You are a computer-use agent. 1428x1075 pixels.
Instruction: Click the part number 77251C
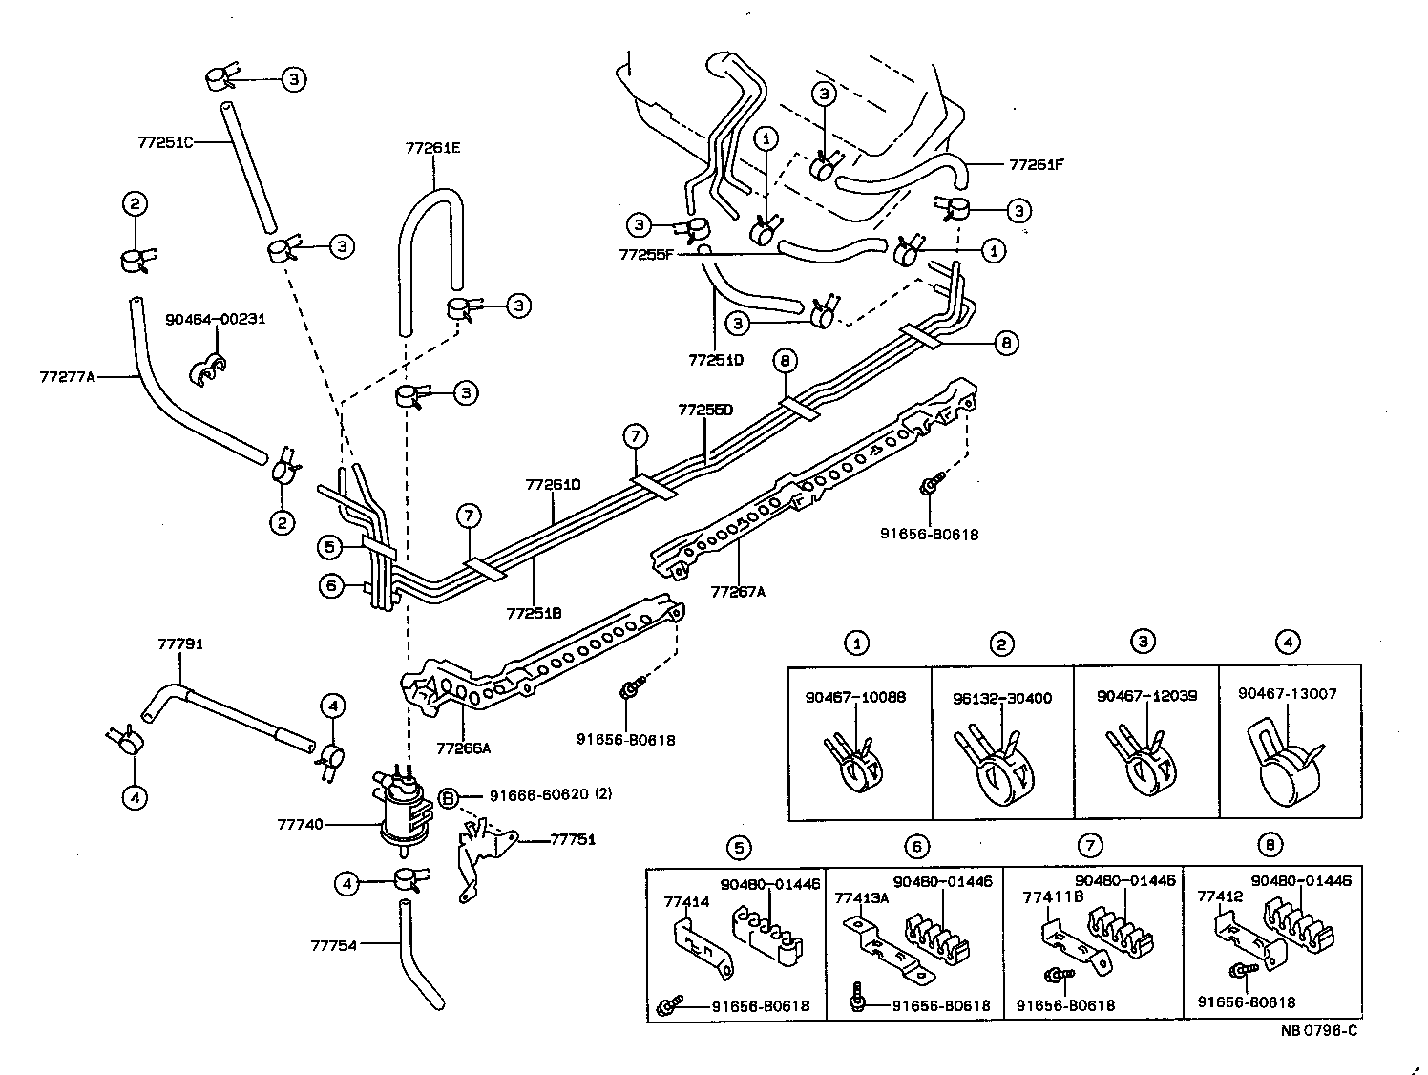tap(165, 142)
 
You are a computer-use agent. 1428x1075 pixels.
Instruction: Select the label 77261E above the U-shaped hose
tap(432, 148)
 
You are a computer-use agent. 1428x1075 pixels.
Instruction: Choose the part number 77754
tap(333, 945)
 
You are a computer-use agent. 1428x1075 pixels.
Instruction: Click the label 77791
tap(179, 644)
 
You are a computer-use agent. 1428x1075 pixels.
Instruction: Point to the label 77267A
tap(738, 591)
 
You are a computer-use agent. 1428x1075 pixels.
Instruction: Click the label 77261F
tap(1036, 164)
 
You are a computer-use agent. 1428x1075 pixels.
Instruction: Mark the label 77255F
tap(646, 255)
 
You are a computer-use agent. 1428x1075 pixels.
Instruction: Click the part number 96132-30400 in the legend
tap(1001, 698)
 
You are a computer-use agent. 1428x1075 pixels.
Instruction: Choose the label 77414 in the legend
tap(683, 899)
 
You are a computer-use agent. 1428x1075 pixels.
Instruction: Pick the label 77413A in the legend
tap(862, 897)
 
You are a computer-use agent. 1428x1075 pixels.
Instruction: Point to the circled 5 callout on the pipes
tap(329, 547)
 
